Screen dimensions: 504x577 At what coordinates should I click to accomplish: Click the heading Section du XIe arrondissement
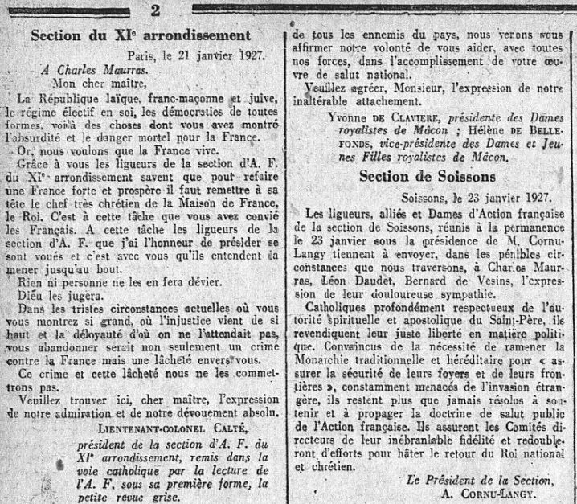tap(141, 35)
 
